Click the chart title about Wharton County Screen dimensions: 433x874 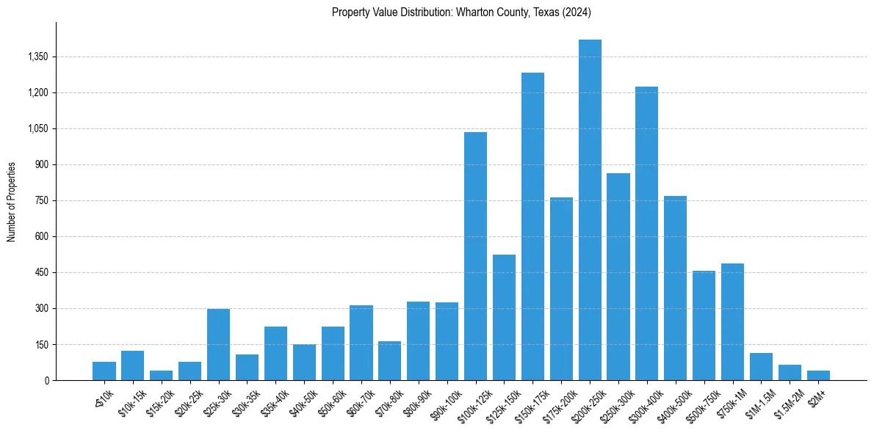(x=461, y=12)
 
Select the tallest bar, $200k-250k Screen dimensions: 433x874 (x=590, y=210)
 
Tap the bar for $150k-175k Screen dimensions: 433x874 (x=532, y=226)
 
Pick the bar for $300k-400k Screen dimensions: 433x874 (x=646, y=233)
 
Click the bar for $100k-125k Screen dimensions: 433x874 (x=475, y=256)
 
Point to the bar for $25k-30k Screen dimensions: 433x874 (x=218, y=344)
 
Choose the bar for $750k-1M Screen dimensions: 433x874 (x=732, y=321)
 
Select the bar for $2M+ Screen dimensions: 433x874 (x=818, y=375)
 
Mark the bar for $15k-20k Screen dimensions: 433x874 (x=161, y=375)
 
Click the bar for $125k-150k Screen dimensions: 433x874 (x=504, y=317)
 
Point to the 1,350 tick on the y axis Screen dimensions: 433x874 (x=36, y=57)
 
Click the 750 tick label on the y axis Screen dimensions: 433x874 (x=41, y=200)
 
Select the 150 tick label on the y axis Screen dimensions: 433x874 (x=41, y=344)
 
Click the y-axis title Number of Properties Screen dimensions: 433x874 (x=12, y=201)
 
